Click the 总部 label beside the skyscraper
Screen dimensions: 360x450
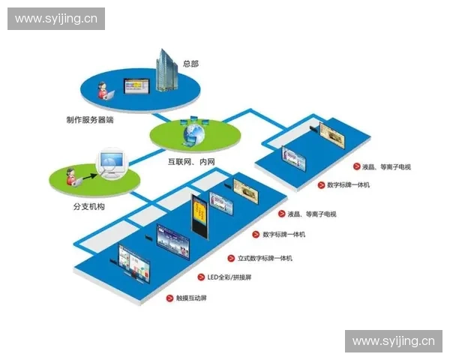[190, 64]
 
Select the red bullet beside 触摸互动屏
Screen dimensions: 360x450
[169, 298]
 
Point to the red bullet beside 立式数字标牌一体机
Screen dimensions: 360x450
[232, 258]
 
